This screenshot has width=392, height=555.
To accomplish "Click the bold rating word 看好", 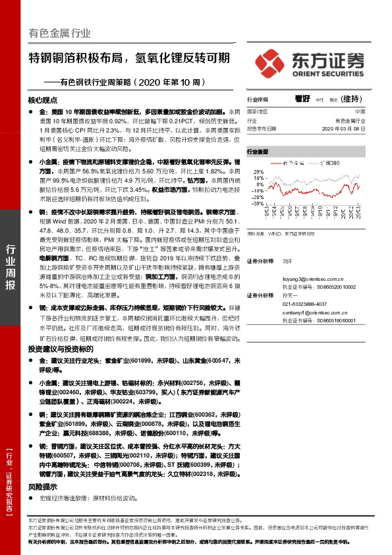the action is pos(302,98).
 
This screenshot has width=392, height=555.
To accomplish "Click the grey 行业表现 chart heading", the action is pos(258,152).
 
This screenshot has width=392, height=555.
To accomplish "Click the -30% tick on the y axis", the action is pos(258,204).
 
